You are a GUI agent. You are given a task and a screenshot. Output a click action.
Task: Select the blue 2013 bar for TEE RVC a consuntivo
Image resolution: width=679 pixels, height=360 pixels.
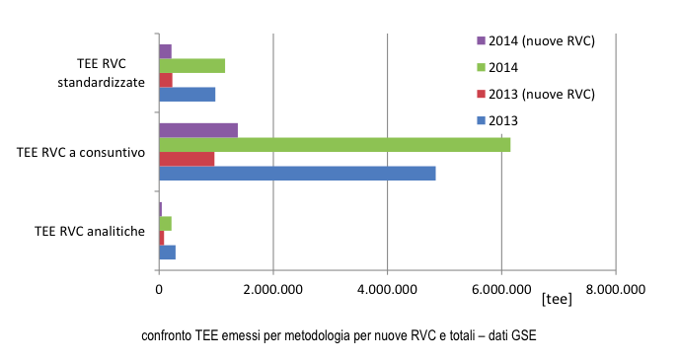click(x=297, y=174)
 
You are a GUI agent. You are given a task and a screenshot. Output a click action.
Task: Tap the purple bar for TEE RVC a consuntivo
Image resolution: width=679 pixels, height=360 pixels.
click(x=198, y=130)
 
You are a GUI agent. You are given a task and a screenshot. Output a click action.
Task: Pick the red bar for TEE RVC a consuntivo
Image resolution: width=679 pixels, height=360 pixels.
click(x=187, y=159)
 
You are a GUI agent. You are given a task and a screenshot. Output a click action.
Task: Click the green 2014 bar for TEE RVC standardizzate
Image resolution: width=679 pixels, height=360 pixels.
click(x=191, y=66)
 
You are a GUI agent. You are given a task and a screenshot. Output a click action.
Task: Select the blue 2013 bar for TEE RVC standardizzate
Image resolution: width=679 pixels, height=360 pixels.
click(x=187, y=95)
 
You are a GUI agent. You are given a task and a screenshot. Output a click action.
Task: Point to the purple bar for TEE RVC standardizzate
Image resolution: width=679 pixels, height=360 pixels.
click(x=165, y=51)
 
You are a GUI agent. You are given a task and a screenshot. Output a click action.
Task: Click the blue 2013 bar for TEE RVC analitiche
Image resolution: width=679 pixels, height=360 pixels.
click(x=167, y=252)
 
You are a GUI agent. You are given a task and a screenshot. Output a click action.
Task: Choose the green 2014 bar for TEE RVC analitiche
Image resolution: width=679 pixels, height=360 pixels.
click(x=165, y=224)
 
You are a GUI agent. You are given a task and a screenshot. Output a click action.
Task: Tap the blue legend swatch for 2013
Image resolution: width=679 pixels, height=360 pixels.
click(x=481, y=120)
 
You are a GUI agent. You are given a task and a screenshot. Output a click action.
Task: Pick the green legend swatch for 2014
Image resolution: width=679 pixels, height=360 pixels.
click(x=481, y=67)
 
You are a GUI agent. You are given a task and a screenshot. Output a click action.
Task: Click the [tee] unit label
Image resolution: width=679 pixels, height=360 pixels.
click(x=556, y=299)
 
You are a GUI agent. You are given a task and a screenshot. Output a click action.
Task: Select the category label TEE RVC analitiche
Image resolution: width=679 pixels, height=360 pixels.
click(x=90, y=232)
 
